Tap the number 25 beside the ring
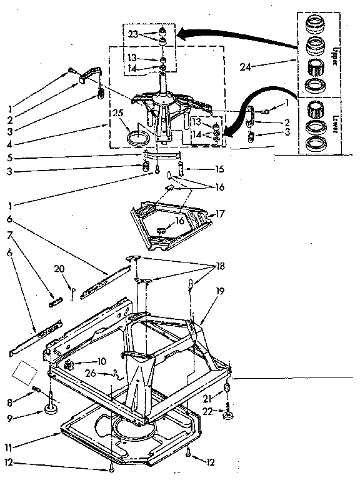pyautogui.click(x=116, y=114)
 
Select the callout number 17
pyautogui.click(x=219, y=214)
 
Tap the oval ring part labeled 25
pyautogui.click(x=137, y=136)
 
